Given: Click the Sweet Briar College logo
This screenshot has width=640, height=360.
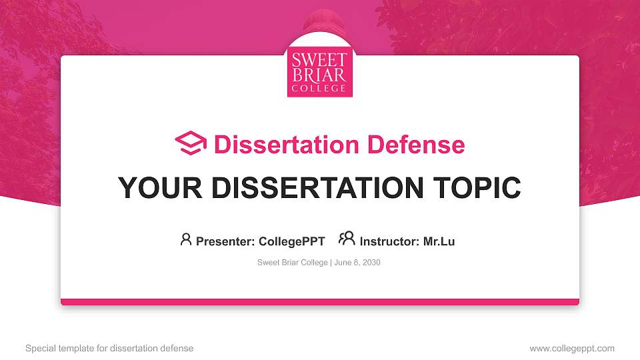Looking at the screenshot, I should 319,72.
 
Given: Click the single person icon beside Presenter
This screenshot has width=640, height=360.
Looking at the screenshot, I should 186,239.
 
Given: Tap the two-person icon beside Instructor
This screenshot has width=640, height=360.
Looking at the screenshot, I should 347,239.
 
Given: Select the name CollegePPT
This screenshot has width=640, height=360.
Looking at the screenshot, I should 291,241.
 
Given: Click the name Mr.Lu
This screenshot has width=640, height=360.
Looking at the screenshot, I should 439,241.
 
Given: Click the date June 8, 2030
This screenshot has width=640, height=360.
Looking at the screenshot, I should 357,263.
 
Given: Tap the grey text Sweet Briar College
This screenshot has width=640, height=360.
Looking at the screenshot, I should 292,263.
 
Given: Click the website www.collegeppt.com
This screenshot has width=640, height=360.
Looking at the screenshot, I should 571,348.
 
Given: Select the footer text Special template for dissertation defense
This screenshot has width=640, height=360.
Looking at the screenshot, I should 109,348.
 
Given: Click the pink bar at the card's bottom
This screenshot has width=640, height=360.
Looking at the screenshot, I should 319,302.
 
